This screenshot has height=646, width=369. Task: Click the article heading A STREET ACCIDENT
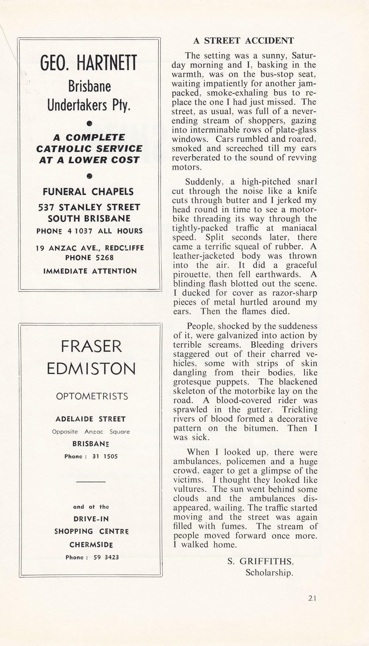coord(244,41)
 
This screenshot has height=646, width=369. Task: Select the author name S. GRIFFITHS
coord(261,561)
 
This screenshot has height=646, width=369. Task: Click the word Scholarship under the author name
coord(269,573)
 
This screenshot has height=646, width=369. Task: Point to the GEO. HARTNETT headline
coord(89,63)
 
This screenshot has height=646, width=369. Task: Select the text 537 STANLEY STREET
coord(89,207)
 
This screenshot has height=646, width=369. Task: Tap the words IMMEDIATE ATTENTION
coord(90,271)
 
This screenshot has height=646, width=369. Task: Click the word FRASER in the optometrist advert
coord(91,347)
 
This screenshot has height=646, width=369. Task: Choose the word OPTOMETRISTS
coord(92,396)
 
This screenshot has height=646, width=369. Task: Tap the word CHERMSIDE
coord(91,545)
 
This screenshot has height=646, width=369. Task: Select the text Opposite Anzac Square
coord(91,432)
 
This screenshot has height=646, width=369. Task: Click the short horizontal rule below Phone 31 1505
coord(91,482)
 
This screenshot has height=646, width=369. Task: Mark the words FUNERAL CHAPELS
coord(88,192)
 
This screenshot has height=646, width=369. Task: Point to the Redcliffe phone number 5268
coord(105,258)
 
